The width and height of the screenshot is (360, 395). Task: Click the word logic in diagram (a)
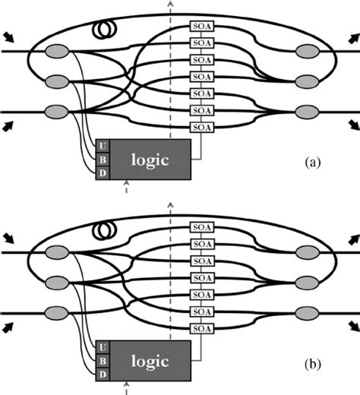click(150, 159)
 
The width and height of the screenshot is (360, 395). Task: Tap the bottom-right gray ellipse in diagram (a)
click(308, 111)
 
